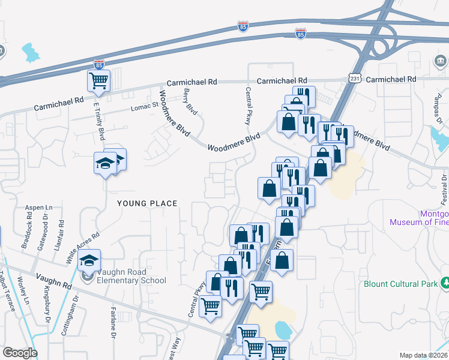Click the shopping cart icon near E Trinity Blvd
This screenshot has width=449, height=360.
tap(98, 80)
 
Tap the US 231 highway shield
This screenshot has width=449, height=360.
tap(355, 78)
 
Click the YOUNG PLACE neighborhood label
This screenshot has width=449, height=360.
tap(147, 203)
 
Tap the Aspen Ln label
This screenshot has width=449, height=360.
tap(39, 208)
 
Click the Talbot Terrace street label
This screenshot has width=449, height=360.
tap(9, 294)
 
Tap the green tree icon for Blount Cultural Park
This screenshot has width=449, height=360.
tap(445, 282)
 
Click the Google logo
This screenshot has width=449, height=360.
tap(20, 353)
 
